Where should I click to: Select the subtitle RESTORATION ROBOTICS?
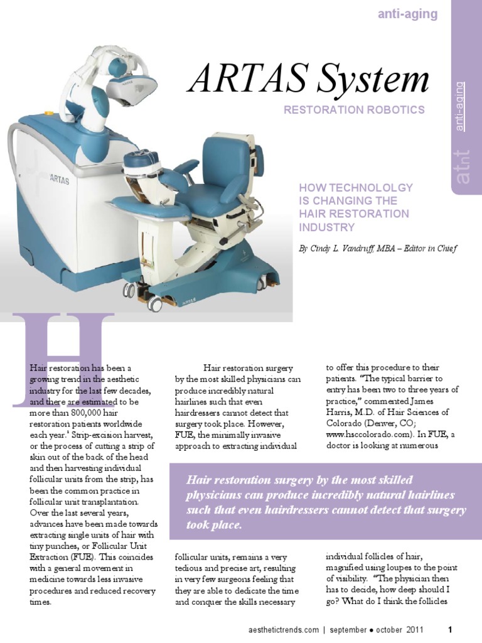coord(354,110)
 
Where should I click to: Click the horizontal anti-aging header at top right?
coord(407,14)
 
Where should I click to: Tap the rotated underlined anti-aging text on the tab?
coord(461,106)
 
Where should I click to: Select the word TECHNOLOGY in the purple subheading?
coord(377,188)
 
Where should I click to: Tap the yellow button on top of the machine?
coord(49,114)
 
